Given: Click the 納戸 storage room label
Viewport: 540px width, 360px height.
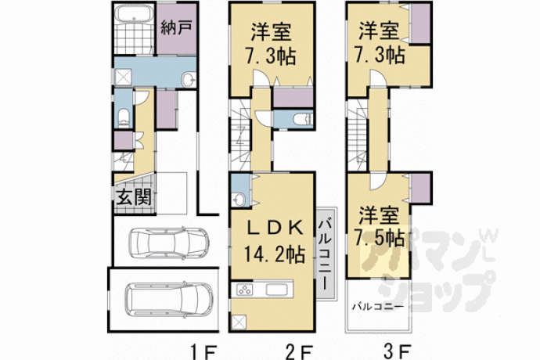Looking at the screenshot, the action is point(176,27).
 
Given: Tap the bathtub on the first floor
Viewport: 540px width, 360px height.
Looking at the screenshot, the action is point(134,14).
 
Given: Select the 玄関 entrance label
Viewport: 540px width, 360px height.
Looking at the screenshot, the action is point(134,197).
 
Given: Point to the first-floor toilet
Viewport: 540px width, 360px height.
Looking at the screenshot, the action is point(124,117).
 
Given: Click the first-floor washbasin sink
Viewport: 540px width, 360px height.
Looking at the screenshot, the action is point(188,80).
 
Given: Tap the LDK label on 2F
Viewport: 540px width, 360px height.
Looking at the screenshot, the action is point(275,228).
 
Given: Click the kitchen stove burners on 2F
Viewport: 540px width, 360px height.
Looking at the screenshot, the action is point(244,290).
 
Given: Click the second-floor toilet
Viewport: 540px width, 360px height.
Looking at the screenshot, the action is point(303,120).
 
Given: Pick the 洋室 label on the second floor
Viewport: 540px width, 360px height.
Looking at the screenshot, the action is point(272,31).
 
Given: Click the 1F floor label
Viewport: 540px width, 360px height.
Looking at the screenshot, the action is point(204,352).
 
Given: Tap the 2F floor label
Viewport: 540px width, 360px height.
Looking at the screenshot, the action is point(300,352).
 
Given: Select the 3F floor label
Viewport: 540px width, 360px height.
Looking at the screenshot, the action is point(398,352).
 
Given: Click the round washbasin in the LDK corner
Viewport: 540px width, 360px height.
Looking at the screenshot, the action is point(239,199).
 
